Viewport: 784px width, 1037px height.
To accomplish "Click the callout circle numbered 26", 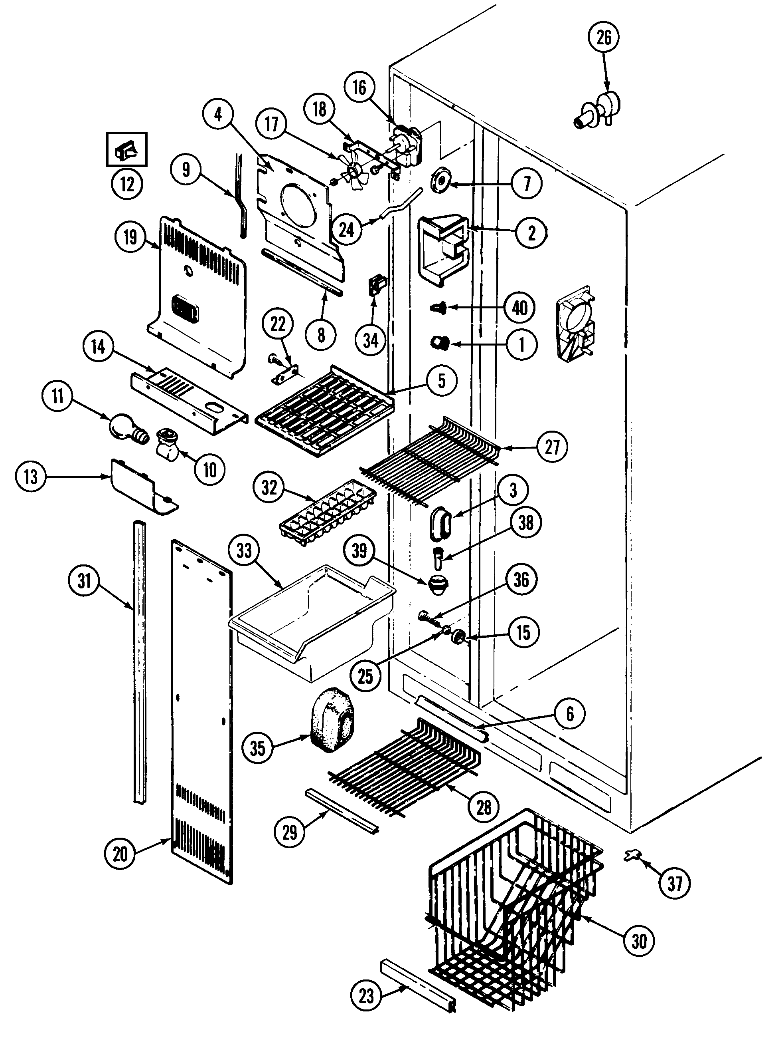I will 604,37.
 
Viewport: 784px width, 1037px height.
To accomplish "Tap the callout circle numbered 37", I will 674,884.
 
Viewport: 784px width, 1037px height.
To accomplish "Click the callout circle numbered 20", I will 120,854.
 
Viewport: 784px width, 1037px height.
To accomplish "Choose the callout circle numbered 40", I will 520,308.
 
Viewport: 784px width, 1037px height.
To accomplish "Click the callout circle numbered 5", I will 442,380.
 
